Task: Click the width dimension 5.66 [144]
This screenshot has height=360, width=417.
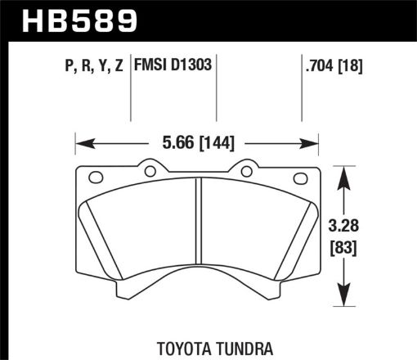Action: [x=195, y=143]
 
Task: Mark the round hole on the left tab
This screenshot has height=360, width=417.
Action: [x=149, y=170]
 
